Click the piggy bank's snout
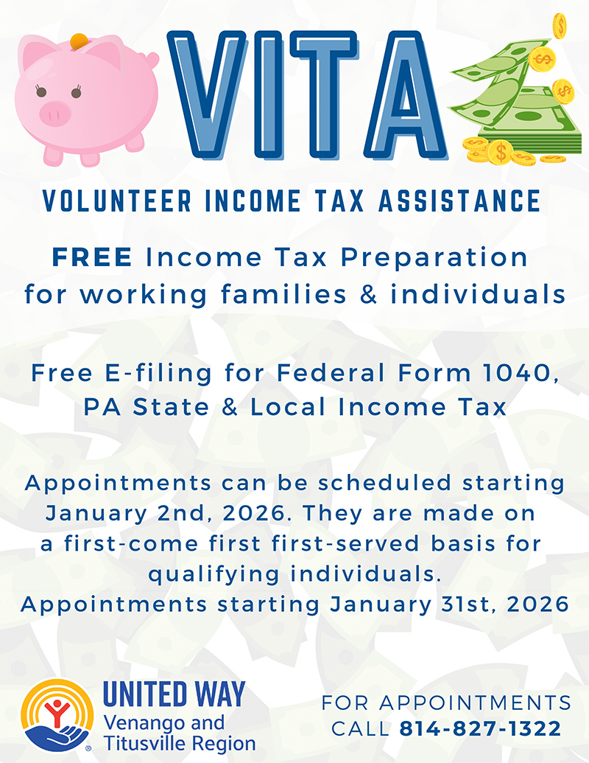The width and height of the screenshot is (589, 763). point(54,113)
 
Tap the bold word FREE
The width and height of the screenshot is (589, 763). point(92,257)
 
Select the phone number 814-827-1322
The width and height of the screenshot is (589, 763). point(480,729)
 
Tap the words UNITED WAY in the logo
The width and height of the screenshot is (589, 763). point(174,694)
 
